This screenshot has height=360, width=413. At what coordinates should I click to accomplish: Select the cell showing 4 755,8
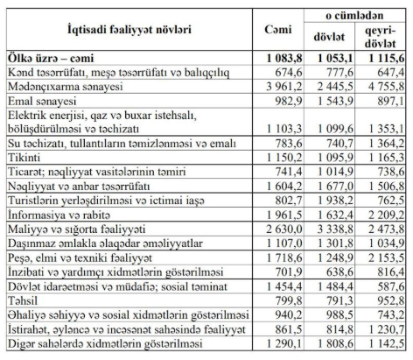(x=386, y=88)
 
